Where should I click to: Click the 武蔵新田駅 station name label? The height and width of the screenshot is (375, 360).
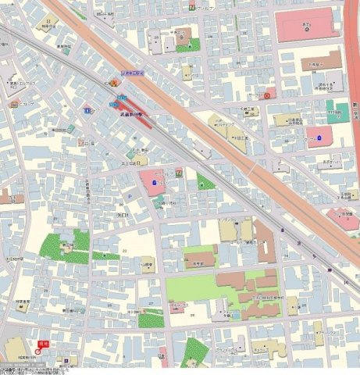point(130,114)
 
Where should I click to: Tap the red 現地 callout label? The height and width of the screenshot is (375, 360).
point(44,343)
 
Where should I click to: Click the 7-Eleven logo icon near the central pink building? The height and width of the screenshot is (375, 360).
point(179,172)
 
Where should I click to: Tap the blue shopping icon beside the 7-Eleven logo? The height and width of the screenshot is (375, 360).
point(154,183)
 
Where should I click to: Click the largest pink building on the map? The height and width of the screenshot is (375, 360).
point(308,24)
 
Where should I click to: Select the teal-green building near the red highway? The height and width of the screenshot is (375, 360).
point(337,109)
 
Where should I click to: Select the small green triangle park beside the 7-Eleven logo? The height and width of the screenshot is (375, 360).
point(205,184)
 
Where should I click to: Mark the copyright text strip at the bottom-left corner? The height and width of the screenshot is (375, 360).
point(31,369)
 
